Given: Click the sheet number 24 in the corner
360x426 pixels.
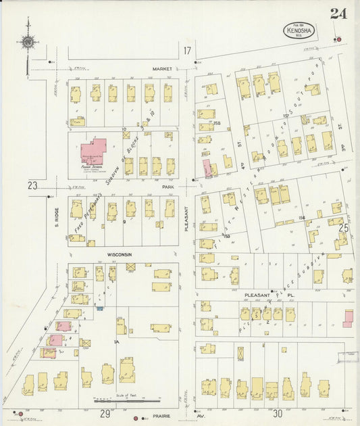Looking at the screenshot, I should [336, 14].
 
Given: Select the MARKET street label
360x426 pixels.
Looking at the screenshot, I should [162, 68].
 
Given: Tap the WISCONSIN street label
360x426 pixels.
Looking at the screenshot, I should [118, 255].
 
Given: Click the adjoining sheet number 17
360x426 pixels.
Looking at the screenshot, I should [187, 51].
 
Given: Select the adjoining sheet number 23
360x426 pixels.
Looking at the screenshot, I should [32, 185].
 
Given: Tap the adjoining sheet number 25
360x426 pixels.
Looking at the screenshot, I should [343, 229].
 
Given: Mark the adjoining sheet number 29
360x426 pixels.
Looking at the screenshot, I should [105, 413].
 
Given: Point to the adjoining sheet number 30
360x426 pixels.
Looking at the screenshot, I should [278, 413].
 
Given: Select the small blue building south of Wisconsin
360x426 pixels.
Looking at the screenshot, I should [101, 308].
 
